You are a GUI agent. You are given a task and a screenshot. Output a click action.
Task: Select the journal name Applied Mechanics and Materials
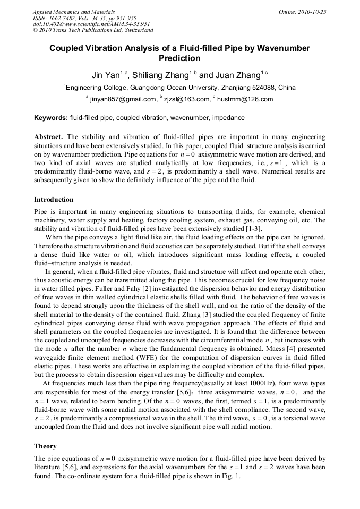(74, 12)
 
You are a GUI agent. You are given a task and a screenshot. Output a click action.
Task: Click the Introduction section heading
(54, 200)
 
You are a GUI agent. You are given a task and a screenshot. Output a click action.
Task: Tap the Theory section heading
(45, 446)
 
